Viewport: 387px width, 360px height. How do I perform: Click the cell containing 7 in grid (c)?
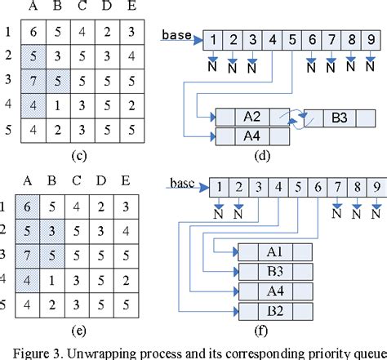click(x=33, y=83)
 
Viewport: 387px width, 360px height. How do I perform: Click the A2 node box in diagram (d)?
click(x=252, y=117)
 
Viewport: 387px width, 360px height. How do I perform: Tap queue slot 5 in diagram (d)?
click(x=291, y=39)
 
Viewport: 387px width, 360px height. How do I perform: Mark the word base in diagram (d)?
click(x=177, y=36)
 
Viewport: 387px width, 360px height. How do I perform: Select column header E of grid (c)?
click(x=131, y=7)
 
